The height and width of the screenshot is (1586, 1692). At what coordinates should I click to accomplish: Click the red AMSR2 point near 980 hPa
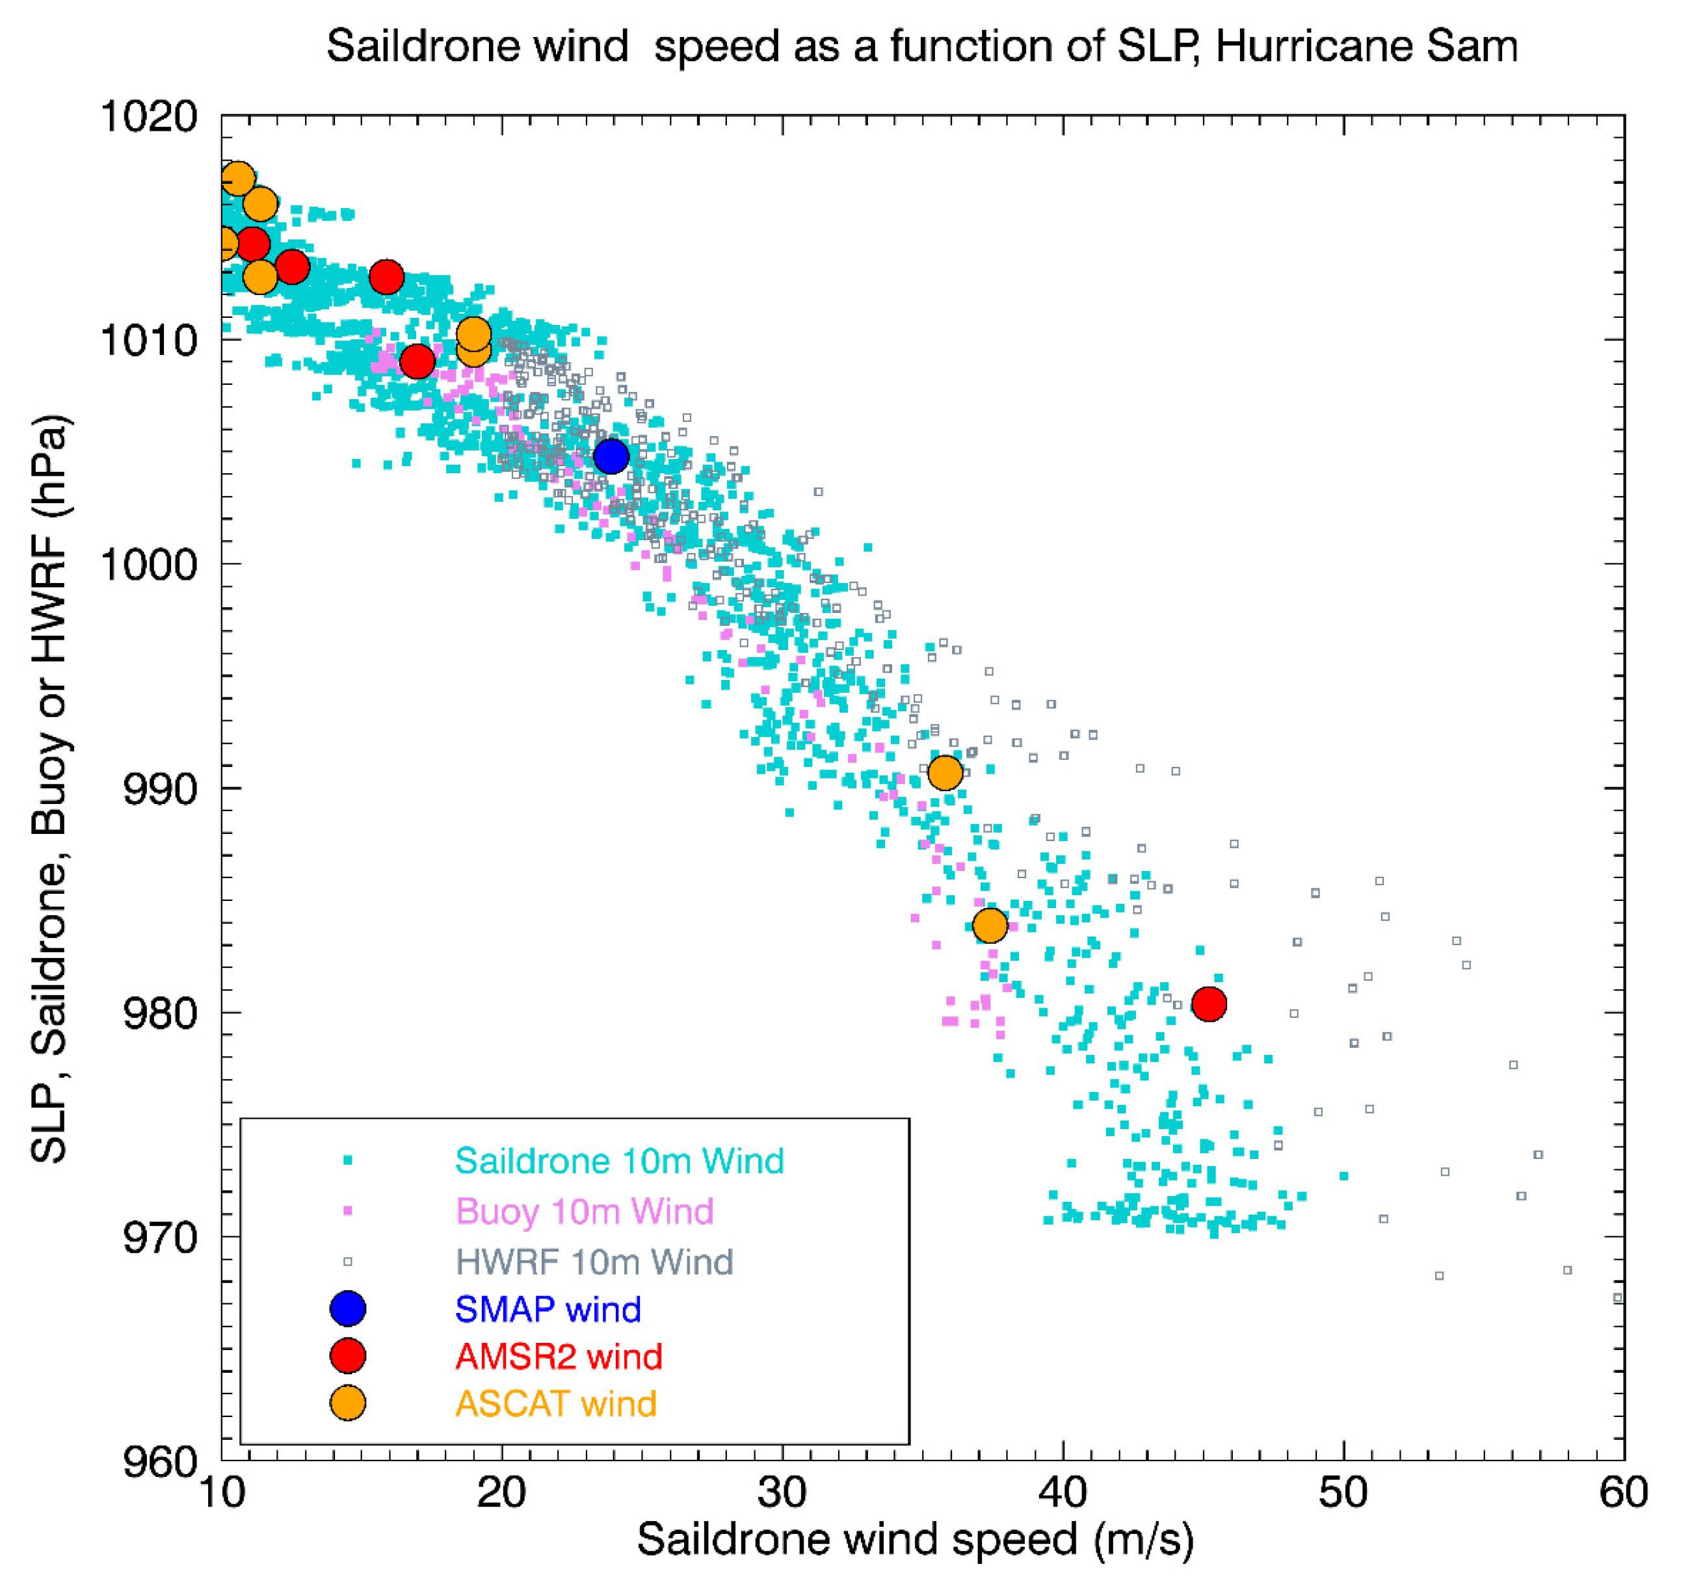point(1209,1004)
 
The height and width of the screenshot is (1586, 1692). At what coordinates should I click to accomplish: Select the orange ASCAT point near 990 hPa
point(945,773)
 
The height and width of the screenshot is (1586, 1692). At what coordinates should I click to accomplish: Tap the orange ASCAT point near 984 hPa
point(990,925)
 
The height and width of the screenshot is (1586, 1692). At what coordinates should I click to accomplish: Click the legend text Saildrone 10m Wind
point(619,1160)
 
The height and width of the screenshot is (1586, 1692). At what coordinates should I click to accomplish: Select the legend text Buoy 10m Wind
point(585,1211)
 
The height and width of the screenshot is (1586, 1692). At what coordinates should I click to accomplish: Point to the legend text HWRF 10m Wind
point(594,1261)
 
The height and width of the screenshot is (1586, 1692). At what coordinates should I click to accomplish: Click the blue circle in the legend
point(347,1308)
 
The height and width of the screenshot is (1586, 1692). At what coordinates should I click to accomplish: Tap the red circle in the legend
point(347,1355)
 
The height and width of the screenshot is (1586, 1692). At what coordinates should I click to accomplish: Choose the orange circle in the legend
point(347,1403)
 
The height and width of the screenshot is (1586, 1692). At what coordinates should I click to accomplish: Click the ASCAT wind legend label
point(556,1403)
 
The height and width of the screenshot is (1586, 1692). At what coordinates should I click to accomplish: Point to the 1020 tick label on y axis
point(150,116)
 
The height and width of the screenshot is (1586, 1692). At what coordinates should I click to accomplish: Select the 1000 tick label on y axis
point(150,564)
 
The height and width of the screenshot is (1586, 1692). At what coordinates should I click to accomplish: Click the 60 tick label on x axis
point(1623,1493)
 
